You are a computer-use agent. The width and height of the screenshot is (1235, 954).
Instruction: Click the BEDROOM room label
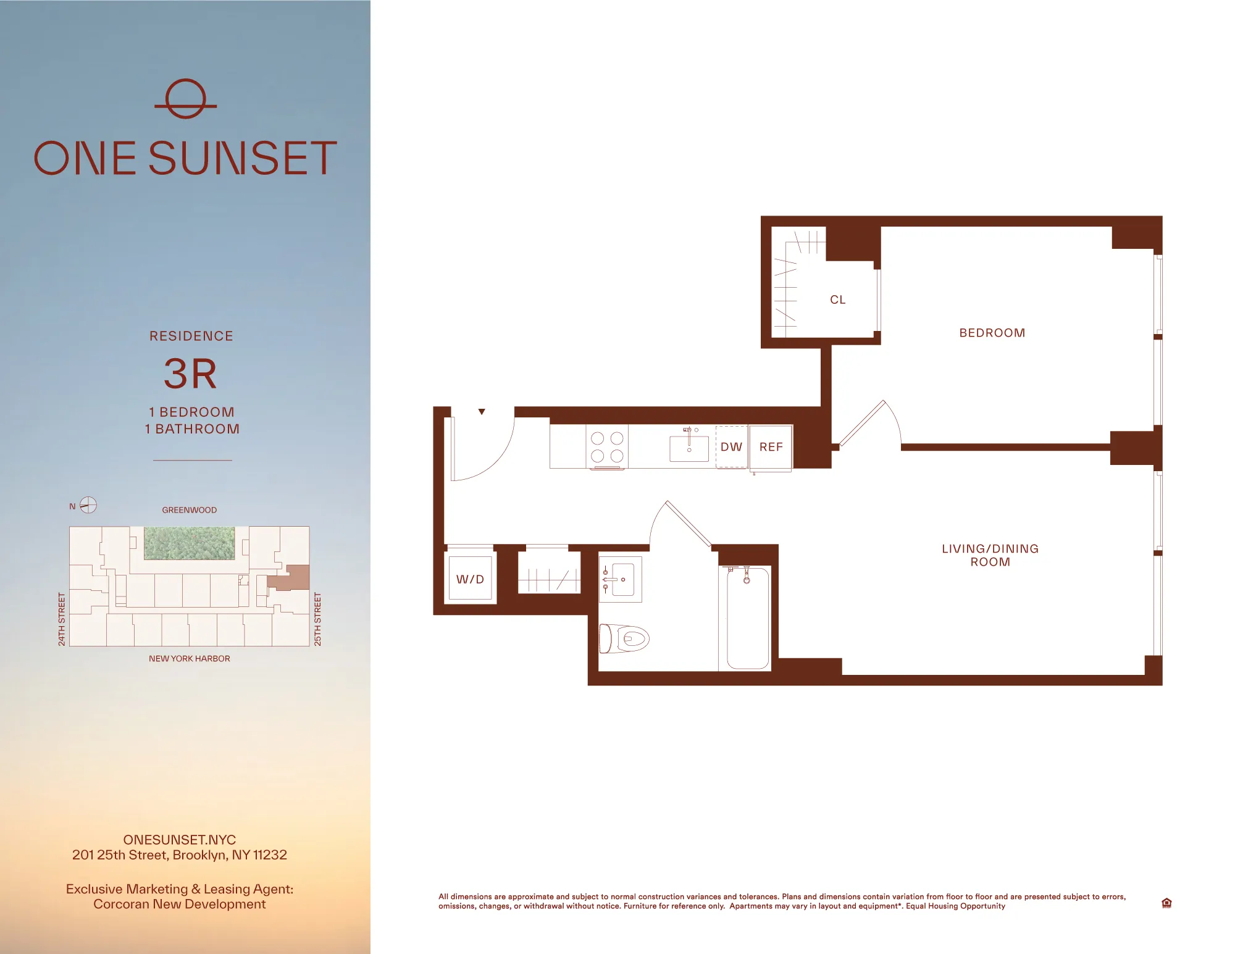(992, 333)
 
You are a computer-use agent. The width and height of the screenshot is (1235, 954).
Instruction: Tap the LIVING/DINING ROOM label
(990, 555)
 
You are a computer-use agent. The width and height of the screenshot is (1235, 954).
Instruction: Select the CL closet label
(837, 299)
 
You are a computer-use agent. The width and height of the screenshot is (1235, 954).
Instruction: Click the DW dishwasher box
(732, 446)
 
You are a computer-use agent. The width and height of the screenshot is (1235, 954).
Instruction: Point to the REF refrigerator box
(771, 447)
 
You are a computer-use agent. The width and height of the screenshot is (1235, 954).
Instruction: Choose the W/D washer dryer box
(470, 579)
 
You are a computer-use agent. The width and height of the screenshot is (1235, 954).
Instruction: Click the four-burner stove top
(607, 447)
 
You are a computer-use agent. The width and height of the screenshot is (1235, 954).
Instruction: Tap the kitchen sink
(689, 448)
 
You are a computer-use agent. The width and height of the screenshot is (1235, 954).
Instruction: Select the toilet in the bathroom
(625, 638)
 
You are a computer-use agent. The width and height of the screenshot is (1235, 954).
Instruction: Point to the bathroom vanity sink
(621, 579)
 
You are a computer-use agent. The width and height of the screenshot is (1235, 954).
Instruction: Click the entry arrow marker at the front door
(482, 412)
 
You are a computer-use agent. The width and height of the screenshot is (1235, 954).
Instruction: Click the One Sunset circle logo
(185, 99)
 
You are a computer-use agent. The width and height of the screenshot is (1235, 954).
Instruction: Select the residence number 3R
(191, 374)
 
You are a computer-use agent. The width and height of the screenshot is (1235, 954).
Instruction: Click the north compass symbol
(88, 505)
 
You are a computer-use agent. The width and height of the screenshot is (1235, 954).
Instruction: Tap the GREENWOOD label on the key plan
(189, 510)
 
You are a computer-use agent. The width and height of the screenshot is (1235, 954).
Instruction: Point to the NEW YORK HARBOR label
(189, 659)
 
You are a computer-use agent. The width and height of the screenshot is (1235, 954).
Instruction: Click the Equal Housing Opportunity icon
(1166, 903)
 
